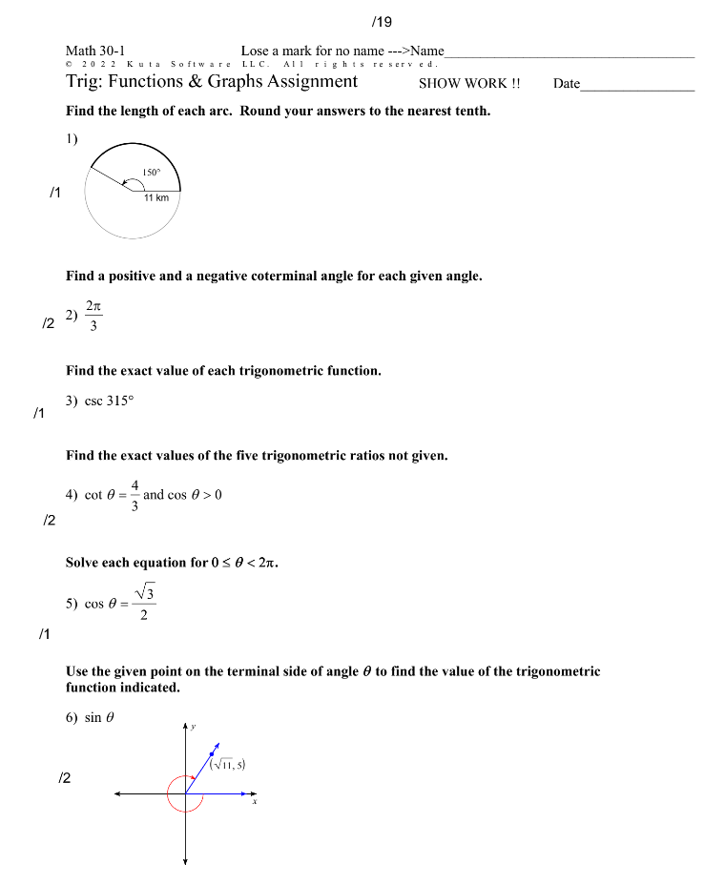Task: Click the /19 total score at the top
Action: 382,21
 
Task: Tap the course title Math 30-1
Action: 95,51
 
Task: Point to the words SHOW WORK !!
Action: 469,83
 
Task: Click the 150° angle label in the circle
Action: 151,172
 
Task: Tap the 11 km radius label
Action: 156,198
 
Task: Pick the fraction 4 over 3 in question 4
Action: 135,495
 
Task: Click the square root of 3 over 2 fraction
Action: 144,603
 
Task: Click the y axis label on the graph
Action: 193,727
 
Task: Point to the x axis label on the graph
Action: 254,802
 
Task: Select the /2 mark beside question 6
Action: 65,778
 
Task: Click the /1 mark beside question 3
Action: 39,414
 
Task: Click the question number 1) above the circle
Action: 72,138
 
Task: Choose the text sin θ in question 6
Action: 99,717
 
